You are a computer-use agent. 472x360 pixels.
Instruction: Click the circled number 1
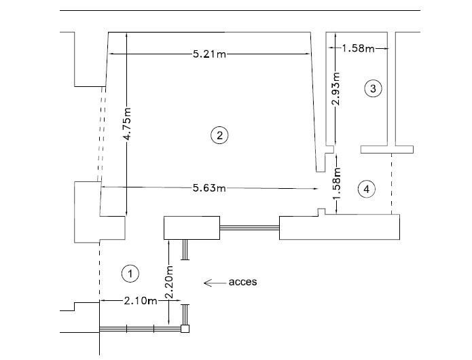(x=130, y=273)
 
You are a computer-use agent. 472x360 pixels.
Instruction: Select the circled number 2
(x=219, y=135)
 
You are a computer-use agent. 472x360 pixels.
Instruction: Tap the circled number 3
(x=372, y=88)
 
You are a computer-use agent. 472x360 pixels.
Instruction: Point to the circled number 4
(x=367, y=189)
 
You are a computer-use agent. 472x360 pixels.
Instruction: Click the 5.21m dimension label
(x=209, y=54)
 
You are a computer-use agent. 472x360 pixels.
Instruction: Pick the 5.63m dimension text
(x=209, y=187)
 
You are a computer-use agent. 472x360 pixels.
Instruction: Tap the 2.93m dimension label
(x=335, y=89)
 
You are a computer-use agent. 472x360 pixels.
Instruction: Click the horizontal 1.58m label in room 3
(x=358, y=48)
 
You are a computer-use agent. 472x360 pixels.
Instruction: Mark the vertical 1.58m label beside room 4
(x=335, y=183)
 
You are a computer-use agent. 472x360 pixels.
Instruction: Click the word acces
(x=244, y=281)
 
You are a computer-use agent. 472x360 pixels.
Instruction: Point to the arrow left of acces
(x=215, y=282)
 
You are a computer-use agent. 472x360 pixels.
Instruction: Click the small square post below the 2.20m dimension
(x=185, y=329)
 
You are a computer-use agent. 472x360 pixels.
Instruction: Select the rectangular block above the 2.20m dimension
(x=192, y=228)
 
